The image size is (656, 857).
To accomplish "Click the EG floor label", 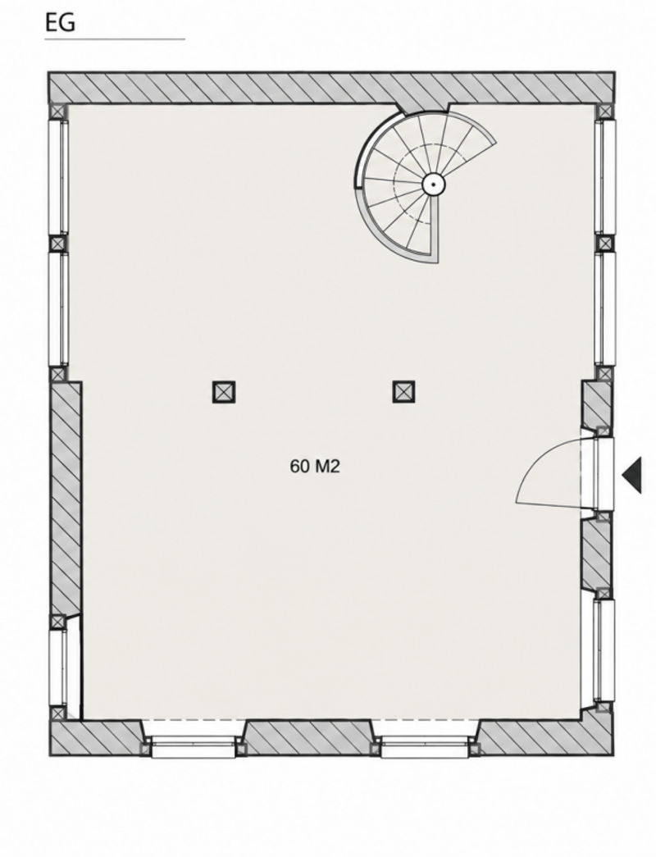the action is (x=60, y=23).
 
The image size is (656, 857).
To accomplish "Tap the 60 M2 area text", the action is (x=315, y=466).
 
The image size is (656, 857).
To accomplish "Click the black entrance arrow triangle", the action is (x=632, y=476).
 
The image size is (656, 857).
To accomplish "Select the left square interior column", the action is (x=224, y=392).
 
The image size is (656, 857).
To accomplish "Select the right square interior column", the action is (x=403, y=391).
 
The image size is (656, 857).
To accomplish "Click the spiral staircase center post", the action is (x=433, y=185).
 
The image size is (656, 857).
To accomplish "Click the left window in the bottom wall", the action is (x=193, y=746).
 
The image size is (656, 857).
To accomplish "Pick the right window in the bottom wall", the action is (x=424, y=746).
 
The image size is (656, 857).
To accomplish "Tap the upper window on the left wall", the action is (x=58, y=177).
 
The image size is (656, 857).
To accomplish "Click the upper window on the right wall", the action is (x=604, y=177).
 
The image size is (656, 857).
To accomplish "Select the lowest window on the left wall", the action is (x=58, y=667).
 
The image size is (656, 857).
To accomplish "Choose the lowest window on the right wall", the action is (x=604, y=650).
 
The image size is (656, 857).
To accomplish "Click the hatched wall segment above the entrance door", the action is (x=596, y=404).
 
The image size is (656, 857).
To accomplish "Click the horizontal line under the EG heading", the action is (x=115, y=39).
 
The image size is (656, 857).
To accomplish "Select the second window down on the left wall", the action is (x=58, y=308).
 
